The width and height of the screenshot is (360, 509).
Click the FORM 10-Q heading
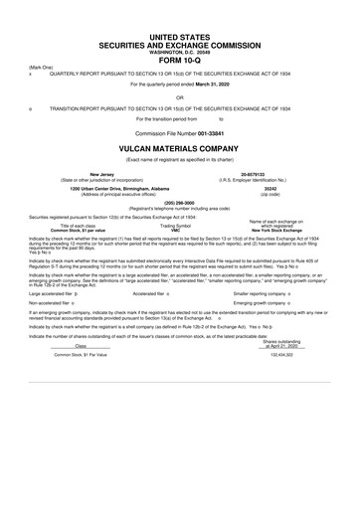[180, 58]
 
